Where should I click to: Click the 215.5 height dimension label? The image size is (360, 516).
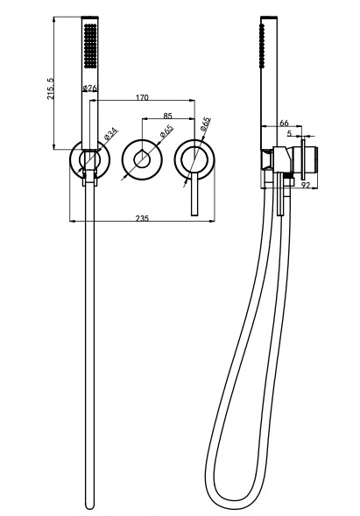51,88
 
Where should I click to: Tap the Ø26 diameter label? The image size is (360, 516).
90,88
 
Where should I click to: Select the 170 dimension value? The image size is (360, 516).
142,97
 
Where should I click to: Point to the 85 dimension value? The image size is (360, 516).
167,116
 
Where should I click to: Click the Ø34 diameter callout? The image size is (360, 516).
111,134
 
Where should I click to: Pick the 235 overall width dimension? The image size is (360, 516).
142,218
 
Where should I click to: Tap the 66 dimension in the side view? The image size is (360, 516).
284,123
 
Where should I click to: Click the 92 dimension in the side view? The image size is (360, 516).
306,185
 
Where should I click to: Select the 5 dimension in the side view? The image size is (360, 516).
289,133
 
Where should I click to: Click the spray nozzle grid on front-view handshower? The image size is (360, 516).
90,46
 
